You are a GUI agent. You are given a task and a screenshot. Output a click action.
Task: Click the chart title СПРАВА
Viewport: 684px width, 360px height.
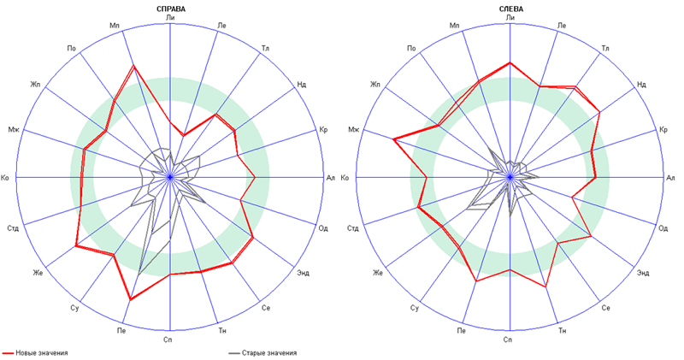(x=171, y=9)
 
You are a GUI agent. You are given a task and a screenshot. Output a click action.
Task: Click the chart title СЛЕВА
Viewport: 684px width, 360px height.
(x=510, y=9)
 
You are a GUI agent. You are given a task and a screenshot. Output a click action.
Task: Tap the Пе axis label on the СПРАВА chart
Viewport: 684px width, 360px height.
(x=123, y=330)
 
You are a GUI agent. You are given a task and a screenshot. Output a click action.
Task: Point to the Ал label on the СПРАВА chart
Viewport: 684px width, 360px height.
(x=331, y=178)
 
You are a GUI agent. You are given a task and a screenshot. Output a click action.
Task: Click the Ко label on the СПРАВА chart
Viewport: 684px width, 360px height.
(x=7, y=178)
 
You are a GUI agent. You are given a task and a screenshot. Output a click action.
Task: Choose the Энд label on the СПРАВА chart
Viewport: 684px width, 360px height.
(x=304, y=273)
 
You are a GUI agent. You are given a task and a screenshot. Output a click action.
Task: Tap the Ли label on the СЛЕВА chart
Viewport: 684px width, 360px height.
(x=510, y=17)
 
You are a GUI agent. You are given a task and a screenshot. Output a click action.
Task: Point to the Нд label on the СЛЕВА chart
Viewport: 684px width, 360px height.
(x=641, y=84)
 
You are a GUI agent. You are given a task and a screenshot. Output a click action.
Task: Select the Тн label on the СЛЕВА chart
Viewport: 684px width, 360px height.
(x=562, y=330)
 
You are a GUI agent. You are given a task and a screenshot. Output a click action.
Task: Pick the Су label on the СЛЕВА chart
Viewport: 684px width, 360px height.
(x=415, y=307)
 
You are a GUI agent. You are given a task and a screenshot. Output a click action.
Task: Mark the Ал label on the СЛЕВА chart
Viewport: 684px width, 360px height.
(x=671, y=178)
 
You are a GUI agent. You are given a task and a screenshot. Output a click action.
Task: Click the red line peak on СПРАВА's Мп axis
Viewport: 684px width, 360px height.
(x=133, y=66)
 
